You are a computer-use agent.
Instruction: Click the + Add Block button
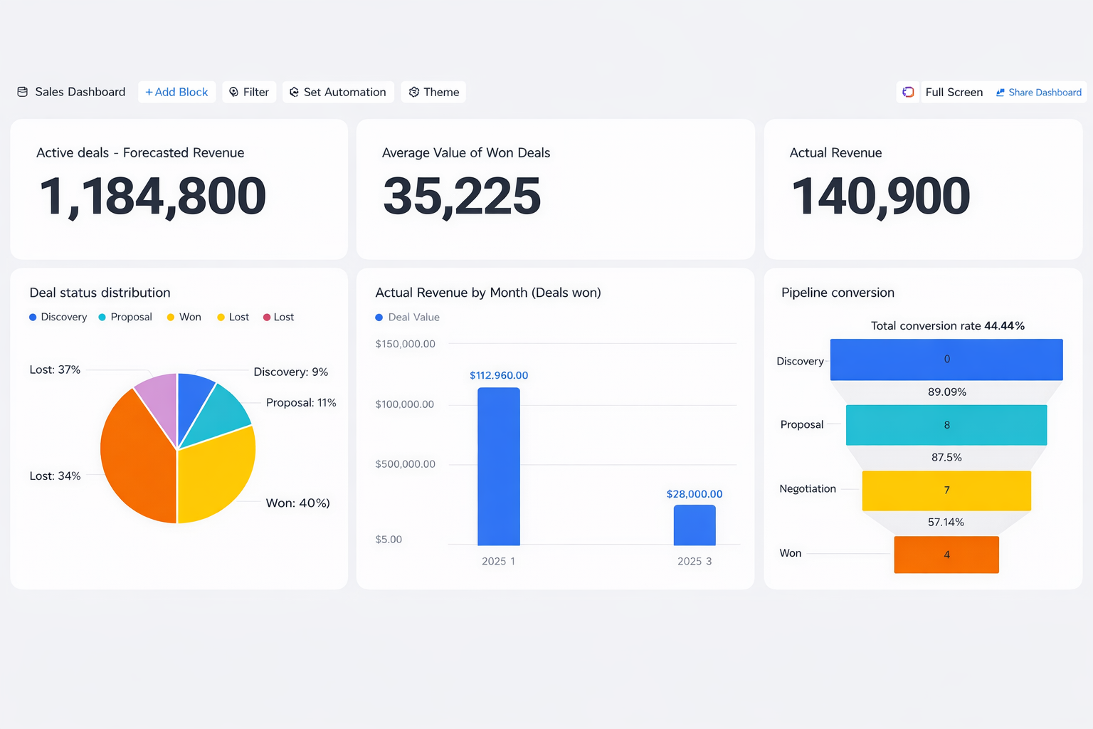tap(176, 92)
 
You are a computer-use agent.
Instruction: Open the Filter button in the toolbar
tap(249, 92)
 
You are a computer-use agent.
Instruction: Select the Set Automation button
tap(338, 92)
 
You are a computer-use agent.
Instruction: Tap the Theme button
tap(433, 92)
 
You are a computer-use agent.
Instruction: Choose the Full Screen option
tap(954, 92)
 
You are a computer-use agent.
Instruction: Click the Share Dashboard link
tap(1039, 93)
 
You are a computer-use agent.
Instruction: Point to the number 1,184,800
tap(153, 196)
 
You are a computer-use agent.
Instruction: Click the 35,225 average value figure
tap(462, 196)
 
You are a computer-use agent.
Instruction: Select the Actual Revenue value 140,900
tap(881, 196)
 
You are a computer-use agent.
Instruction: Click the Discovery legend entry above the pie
tap(58, 317)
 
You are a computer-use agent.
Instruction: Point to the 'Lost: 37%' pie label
tap(55, 369)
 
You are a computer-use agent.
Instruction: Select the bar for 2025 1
tap(498, 466)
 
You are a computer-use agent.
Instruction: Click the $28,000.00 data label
tap(695, 494)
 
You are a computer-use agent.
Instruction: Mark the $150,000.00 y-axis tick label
tap(405, 344)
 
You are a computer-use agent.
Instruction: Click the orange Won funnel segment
tap(946, 555)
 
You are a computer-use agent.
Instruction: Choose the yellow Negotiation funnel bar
tap(946, 491)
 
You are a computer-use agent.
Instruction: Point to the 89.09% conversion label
tap(947, 392)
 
